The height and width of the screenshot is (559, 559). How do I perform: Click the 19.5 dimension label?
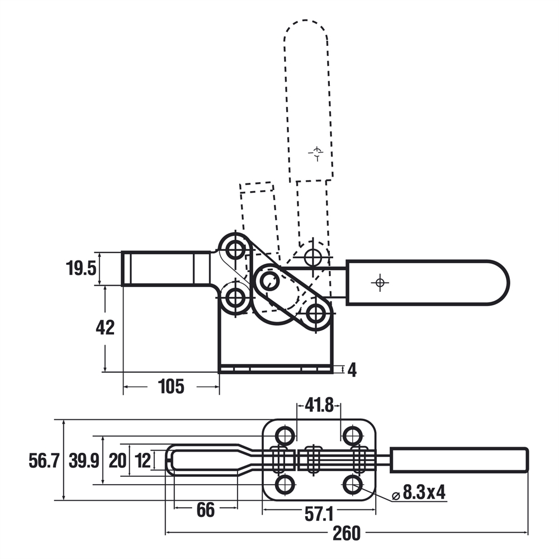point(82,268)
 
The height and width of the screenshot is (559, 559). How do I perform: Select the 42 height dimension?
point(105,328)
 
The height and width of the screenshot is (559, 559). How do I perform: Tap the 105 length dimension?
point(171,386)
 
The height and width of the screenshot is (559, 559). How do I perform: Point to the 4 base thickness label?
point(352,369)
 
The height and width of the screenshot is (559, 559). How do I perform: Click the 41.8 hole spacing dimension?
point(319,405)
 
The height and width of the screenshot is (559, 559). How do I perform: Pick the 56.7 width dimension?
point(44,461)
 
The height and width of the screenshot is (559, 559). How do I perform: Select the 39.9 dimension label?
point(84,461)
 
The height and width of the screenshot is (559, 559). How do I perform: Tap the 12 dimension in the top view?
point(143,461)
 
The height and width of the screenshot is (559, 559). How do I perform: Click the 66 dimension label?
point(206,509)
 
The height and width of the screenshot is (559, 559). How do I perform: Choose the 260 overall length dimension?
point(347,534)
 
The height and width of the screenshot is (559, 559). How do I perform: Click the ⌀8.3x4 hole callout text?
point(419,493)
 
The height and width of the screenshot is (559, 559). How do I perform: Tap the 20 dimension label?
point(117,461)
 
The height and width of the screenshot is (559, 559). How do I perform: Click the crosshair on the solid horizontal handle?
point(380,283)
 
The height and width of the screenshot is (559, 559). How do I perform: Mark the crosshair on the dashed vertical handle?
point(316,151)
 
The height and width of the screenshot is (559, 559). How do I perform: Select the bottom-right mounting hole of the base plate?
point(352,484)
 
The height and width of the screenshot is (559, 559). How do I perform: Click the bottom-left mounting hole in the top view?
point(286,484)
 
